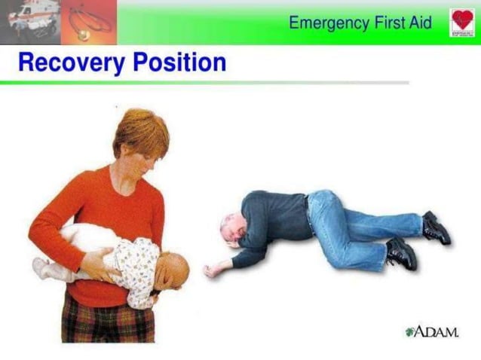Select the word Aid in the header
(x=419, y=23)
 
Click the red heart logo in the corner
(x=462, y=22)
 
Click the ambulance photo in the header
(x=29, y=21)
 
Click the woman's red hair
(x=141, y=128)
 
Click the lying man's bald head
(x=230, y=227)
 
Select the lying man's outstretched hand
(x=213, y=268)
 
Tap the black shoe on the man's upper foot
(x=437, y=227)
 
